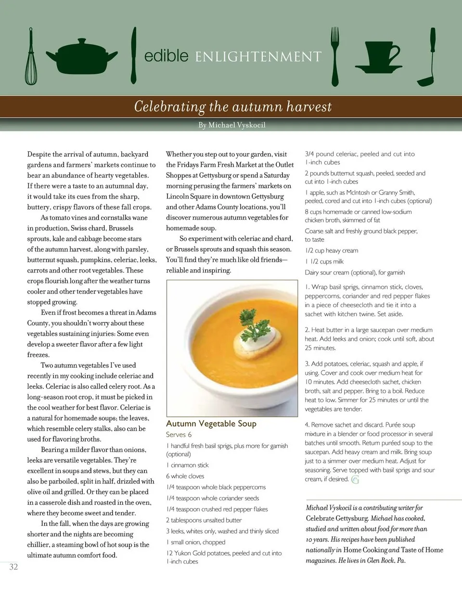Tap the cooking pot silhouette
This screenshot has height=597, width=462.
coord(82,58)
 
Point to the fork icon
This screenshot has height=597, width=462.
coord(335,56)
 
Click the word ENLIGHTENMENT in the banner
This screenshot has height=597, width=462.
coord(258,57)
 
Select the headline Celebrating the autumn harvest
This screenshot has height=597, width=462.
coord(233,106)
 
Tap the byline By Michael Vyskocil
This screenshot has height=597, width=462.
coord(232,125)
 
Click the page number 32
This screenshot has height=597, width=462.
coord(13,567)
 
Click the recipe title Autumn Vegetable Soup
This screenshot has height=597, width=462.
coord(211,423)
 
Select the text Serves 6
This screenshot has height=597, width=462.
coord(179,435)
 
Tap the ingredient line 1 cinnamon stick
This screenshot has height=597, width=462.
coord(187,465)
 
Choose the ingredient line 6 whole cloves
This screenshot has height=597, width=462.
coord(185,476)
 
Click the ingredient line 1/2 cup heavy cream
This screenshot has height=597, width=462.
coord(331,250)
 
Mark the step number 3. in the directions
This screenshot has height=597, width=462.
coord(308,364)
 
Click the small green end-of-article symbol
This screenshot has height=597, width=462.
coord(355,480)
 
